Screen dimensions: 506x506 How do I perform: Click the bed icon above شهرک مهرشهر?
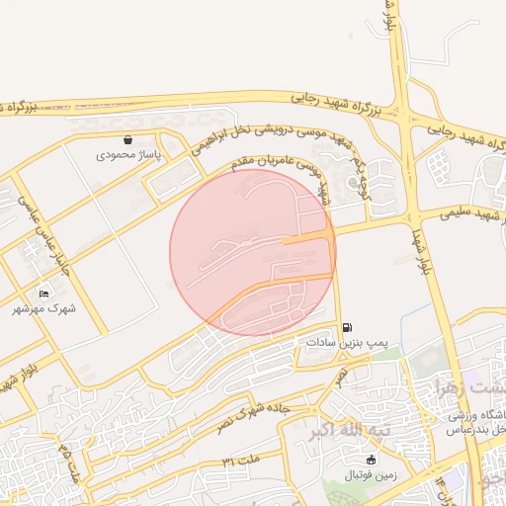point(43,294)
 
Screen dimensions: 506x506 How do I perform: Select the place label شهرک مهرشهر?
point(43,309)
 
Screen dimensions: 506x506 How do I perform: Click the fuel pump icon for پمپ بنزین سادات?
point(346,327)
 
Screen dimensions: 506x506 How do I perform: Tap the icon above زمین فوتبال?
point(371,460)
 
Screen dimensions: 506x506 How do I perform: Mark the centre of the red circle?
point(253,253)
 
